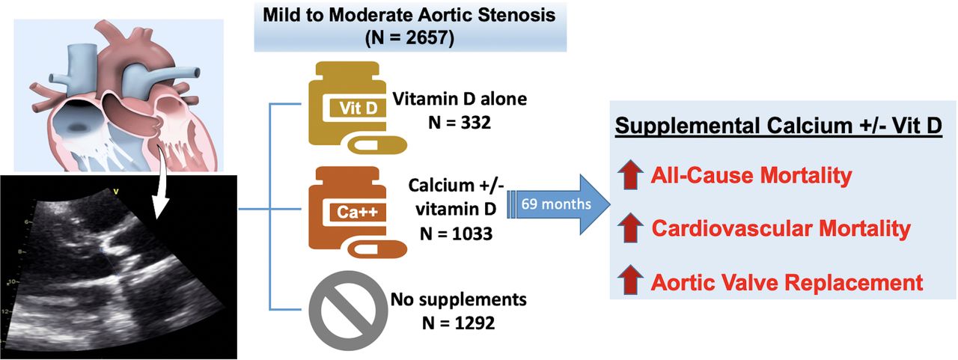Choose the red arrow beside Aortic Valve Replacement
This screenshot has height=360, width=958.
(631, 282)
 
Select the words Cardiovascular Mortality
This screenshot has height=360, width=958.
(781, 229)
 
